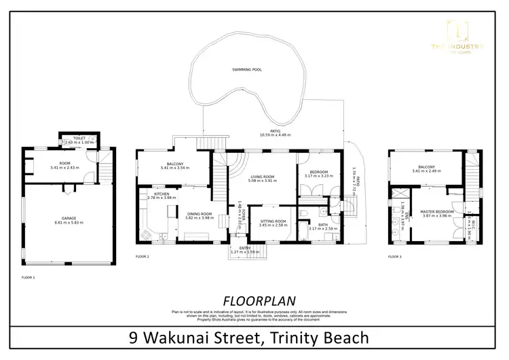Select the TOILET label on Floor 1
point(79,138)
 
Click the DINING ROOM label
point(200,215)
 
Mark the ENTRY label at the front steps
point(235,248)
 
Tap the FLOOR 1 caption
point(29,277)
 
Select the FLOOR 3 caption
point(394,257)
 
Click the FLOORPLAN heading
point(252,300)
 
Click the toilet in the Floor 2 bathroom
point(309,212)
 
